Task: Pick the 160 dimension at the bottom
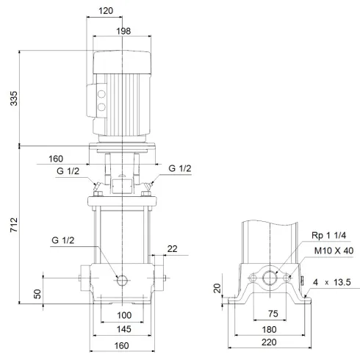coord(121,346)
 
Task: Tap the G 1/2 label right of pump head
coord(181,169)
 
